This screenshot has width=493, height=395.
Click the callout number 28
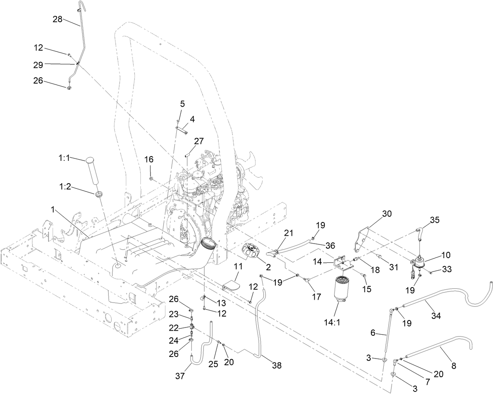tap(57, 19)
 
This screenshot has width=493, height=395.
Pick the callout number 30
tap(387, 214)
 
